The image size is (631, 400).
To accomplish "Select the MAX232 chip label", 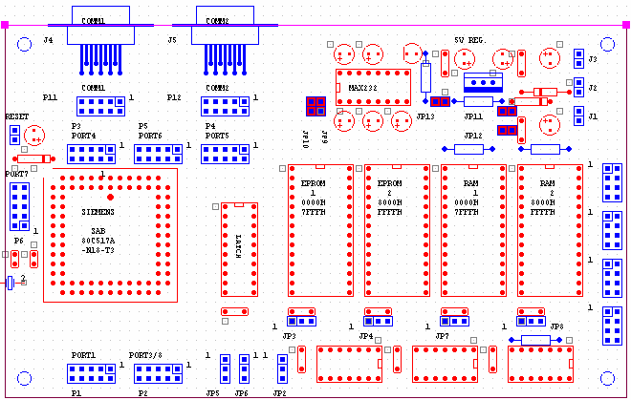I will click(x=361, y=88).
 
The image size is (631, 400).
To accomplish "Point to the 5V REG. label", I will click(x=470, y=40).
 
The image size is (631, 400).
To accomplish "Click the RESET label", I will click(x=16, y=116).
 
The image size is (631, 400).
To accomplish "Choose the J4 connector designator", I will click(x=48, y=40).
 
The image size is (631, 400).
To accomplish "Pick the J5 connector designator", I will click(x=172, y=40).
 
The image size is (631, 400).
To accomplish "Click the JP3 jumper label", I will click(x=289, y=336).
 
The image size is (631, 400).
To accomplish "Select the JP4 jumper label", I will click(x=365, y=336).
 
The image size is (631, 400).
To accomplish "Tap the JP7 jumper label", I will click(x=442, y=336).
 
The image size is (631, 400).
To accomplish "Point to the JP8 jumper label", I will click(x=556, y=326).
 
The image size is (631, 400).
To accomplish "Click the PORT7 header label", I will click(x=16, y=175).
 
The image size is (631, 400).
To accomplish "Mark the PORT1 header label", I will click(x=82, y=355).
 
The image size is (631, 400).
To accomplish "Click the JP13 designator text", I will click(x=425, y=116).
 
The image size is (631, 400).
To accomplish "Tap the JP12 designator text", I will click(x=468, y=136).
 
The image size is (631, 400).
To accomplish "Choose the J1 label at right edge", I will click(x=593, y=116).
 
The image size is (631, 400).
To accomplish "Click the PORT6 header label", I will click(x=149, y=136).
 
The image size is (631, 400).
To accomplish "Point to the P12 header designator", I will click(x=174, y=97).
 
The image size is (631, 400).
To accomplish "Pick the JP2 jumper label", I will click(x=279, y=392).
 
